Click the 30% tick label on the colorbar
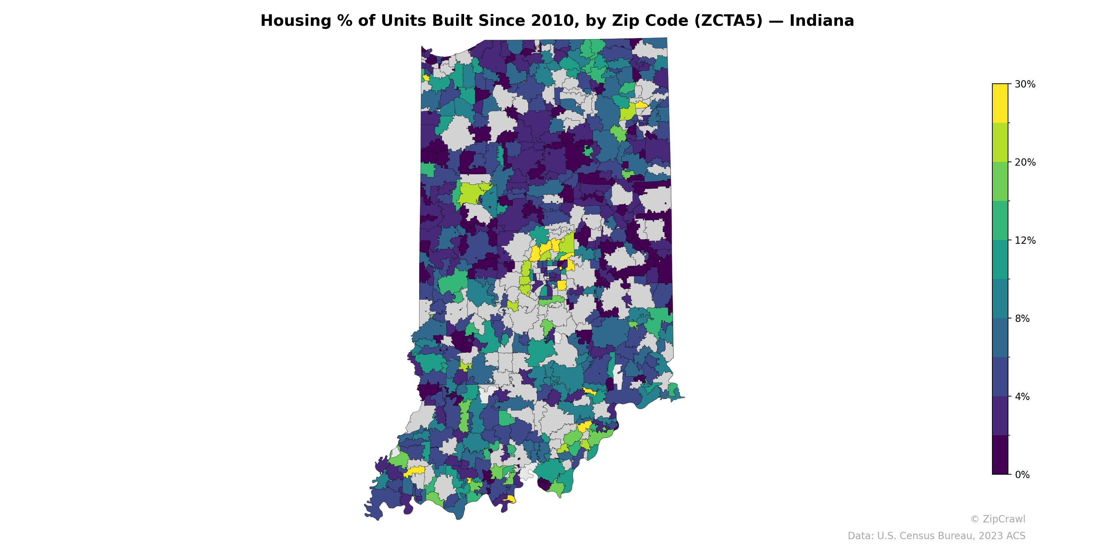pyautogui.click(x=1025, y=84)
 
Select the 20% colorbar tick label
pyautogui.click(x=1025, y=163)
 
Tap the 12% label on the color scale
pyautogui.click(x=1025, y=240)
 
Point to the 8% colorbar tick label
pyautogui.click(x=1022, y=318)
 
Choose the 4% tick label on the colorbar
pyautogui.click(x=1022, y=397)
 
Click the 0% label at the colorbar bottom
pyautogui.click(x=1022, y=475)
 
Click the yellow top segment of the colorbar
pyautogui.click(x=1000, y=103)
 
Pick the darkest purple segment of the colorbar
pyautogui.click(x=1000, y=455)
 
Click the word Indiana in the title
pyautogui.click(x=822, y=21)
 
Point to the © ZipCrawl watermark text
pyautogui.click(x=998, y=519)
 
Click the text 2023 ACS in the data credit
pyautogui.click(x=1004, y=536)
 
